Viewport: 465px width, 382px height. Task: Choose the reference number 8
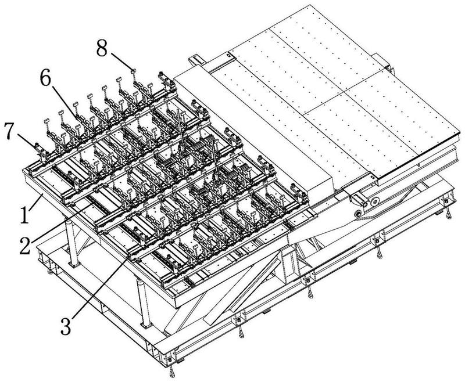click(x=102, y=49)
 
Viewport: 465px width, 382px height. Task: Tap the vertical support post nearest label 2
click(x=73, y=244)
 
